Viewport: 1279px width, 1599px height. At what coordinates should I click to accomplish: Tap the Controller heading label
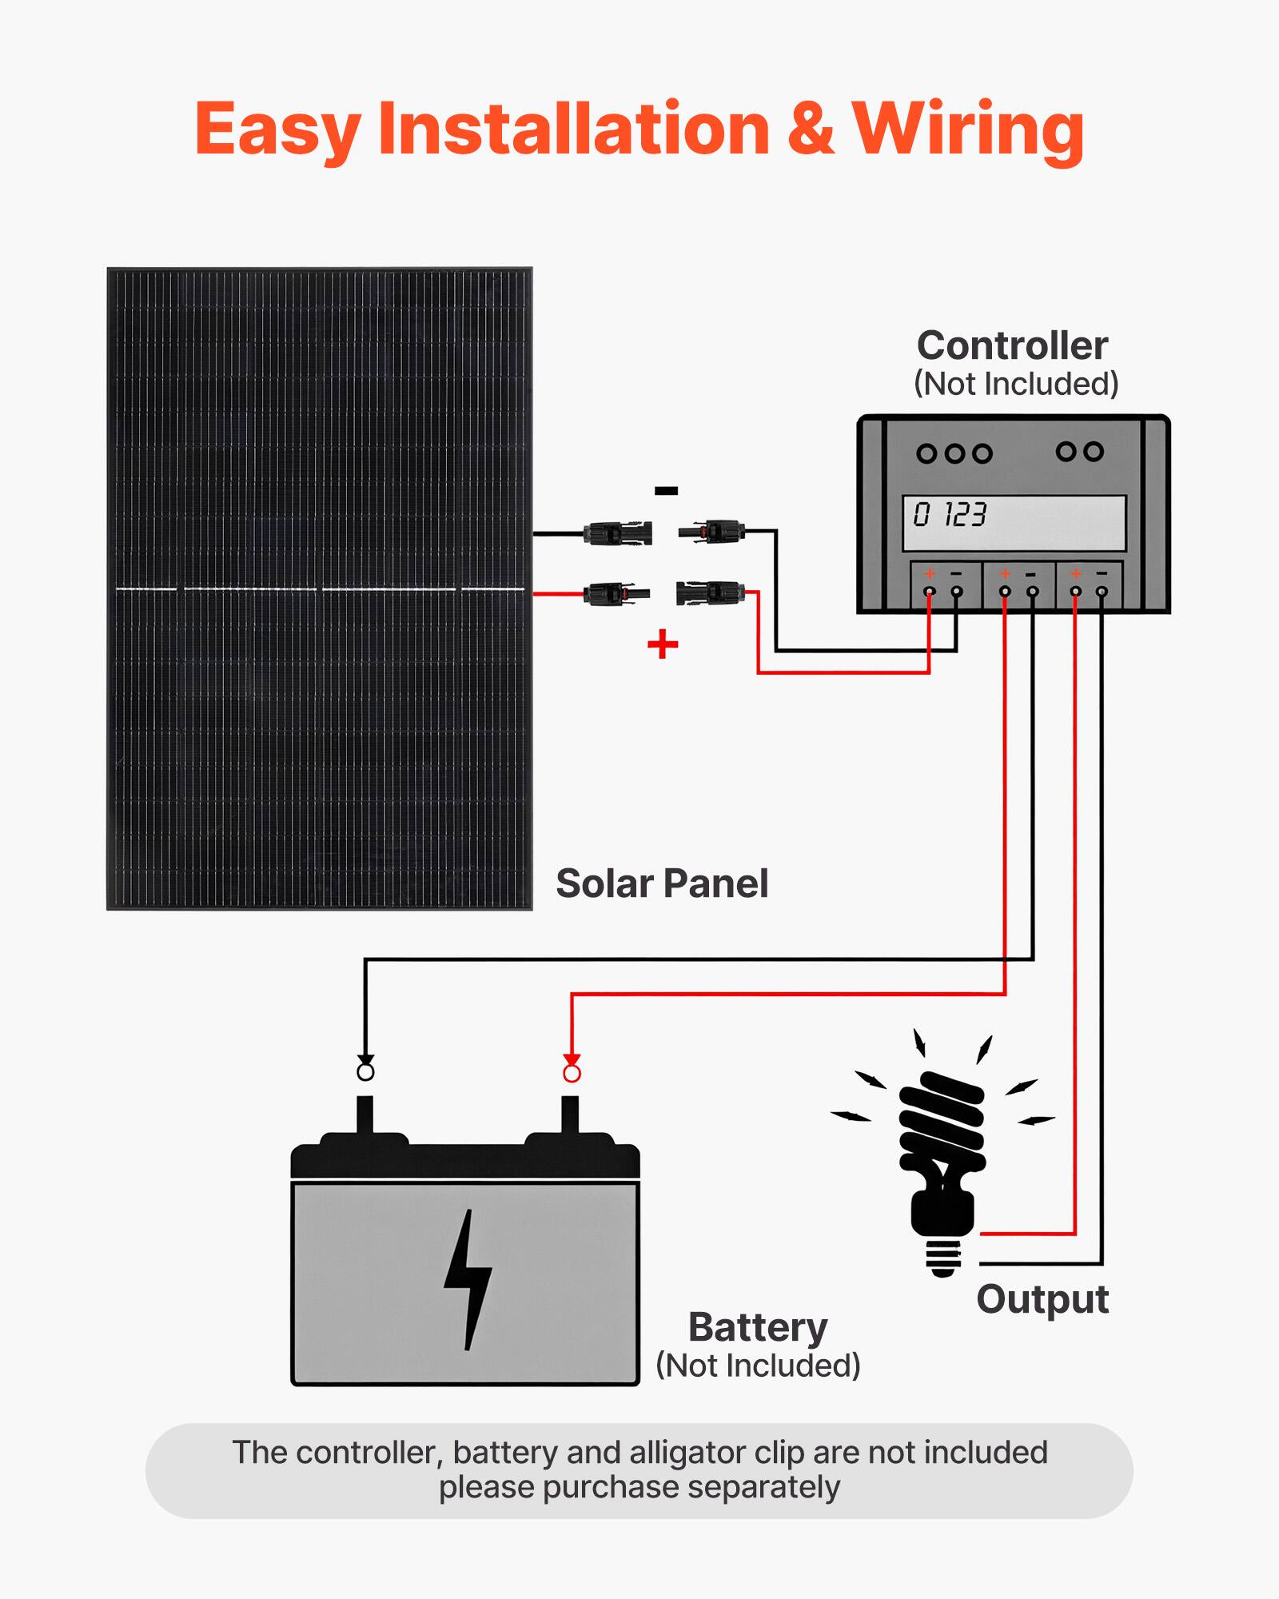coord(1012,345)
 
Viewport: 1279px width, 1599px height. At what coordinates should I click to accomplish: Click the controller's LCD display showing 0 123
coord(1014,523)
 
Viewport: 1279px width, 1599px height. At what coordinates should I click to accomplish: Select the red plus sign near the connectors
coord(663,644)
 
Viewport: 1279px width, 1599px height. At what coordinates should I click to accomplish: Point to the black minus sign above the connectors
coord(666,491)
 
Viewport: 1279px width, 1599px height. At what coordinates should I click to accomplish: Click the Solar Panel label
coord(661,883)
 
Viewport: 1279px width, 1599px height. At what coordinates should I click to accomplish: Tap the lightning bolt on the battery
coord(468,1280)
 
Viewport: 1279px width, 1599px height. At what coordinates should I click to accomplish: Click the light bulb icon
coord(942,1151)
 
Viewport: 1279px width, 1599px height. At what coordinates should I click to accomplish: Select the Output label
coord(1042,1299)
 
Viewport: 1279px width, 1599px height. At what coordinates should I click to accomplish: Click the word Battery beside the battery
coord(757,1328)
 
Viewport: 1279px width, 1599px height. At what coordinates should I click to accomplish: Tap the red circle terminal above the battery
coord(572,1074)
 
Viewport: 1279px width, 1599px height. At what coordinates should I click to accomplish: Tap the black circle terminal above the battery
coord(365,1071)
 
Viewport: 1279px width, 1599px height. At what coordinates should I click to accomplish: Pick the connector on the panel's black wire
coord(617,533)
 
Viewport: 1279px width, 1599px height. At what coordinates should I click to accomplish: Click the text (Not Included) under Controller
coord(1015,384)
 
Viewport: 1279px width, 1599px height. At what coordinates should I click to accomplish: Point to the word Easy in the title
coord(277,130)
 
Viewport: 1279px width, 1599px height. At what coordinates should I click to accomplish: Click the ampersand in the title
coord(811,130)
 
